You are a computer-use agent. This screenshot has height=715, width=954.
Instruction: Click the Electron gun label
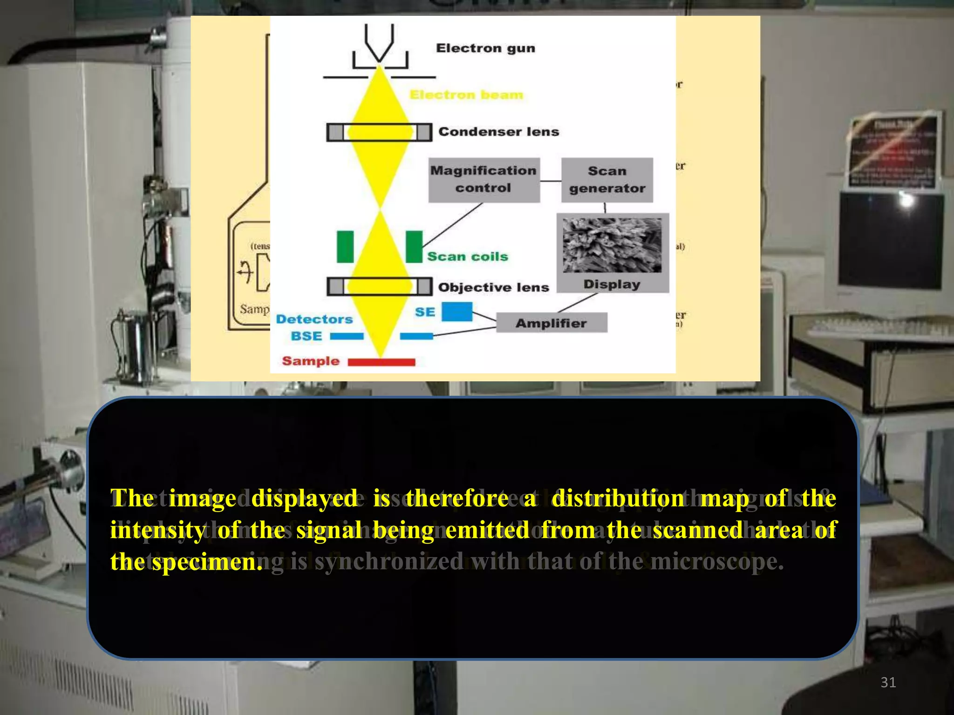point(485,48)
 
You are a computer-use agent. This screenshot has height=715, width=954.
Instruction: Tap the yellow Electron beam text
point(466,95)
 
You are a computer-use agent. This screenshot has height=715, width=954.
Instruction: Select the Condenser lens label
point(498,132)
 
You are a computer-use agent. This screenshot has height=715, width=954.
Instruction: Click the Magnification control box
point(484,180)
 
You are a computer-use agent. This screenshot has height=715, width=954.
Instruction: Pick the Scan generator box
point(607,180)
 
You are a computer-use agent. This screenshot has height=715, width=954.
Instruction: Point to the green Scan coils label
point(468,256)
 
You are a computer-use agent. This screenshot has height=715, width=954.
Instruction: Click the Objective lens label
point(493,287)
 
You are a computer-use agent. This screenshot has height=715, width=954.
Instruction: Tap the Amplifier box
point(551,323)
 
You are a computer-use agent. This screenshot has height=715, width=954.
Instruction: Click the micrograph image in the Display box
point(612,245)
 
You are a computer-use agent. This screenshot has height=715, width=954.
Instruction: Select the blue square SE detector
point(457,312)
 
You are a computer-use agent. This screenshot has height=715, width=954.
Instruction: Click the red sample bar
point(382,362)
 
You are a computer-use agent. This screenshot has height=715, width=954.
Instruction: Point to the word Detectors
point(314,319)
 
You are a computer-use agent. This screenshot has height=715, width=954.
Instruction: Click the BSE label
point(306,336)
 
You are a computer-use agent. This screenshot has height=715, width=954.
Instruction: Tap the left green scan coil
point(345,247)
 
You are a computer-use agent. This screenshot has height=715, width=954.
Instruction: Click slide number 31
point(888,682)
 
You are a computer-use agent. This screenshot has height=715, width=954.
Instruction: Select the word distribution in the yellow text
point(618,498)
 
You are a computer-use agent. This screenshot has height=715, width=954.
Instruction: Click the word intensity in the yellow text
point(157,530)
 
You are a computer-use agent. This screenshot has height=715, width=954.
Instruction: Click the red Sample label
point(311,361)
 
